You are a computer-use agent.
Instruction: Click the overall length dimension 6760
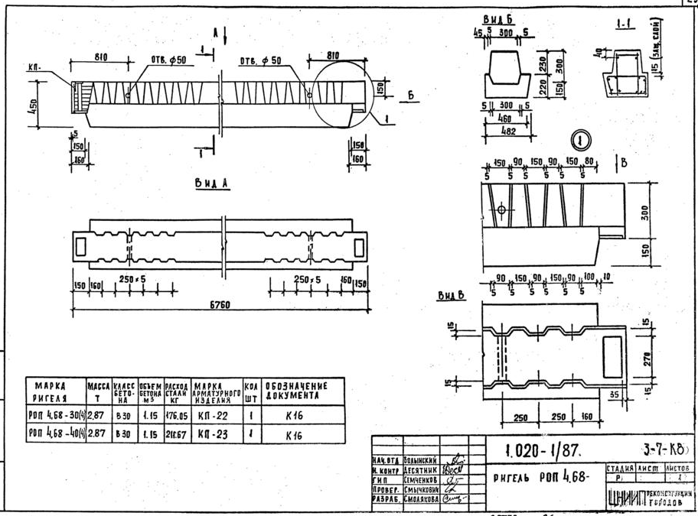click(222, 307)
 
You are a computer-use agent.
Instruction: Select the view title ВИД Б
click(497, 18)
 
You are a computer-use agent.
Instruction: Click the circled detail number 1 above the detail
click(581, 141)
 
